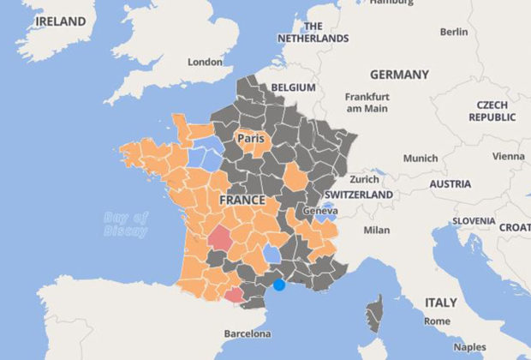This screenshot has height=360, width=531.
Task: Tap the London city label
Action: coord(205,62)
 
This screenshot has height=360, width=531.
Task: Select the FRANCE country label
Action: coord(242,200)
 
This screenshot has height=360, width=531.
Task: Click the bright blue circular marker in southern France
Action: coord(278,284)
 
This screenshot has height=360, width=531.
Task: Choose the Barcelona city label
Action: coord(247,333)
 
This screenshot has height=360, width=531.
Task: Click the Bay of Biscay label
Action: coord(125,224)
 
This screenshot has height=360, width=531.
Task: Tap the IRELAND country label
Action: coord(55,21)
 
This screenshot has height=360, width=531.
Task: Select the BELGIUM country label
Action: coord(294,87)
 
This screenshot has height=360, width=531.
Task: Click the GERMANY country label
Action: coord(399,75)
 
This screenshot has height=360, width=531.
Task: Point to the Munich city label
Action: coord(420,158)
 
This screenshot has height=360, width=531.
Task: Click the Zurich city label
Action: coord(364,179)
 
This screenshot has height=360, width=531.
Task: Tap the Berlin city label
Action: coord(453,32)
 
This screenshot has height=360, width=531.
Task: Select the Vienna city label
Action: coord(509,156)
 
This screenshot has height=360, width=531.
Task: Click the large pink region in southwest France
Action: coord(220,237)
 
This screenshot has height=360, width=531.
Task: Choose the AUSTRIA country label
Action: coord(450,183)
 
